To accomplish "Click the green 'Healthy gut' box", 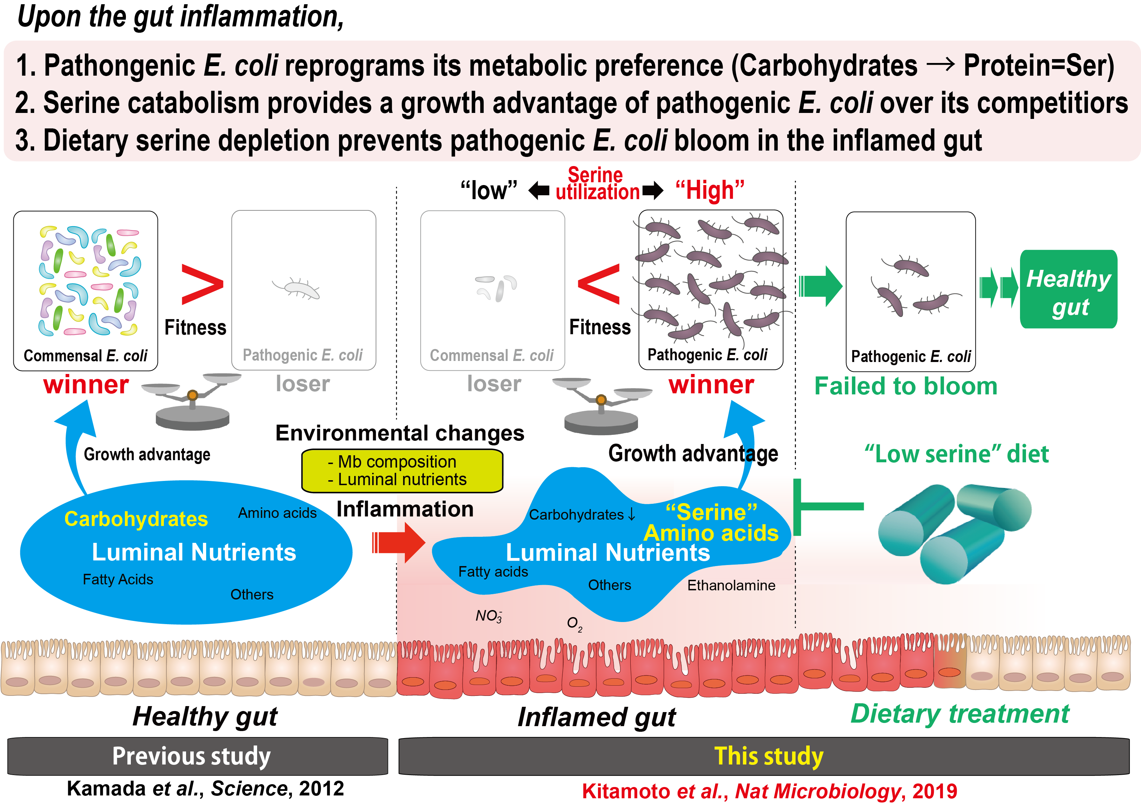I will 1069,290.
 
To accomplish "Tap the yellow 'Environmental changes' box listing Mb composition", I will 402,470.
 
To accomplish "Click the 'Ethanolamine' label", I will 731,585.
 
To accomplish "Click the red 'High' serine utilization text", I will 710,190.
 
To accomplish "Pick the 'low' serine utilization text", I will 489,190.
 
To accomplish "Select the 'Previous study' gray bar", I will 197,756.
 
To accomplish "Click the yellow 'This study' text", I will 768,756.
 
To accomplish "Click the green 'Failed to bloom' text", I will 905,386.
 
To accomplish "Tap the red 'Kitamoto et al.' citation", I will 769,791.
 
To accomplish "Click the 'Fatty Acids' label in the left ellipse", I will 118,579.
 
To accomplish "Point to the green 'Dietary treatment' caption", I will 960,714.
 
